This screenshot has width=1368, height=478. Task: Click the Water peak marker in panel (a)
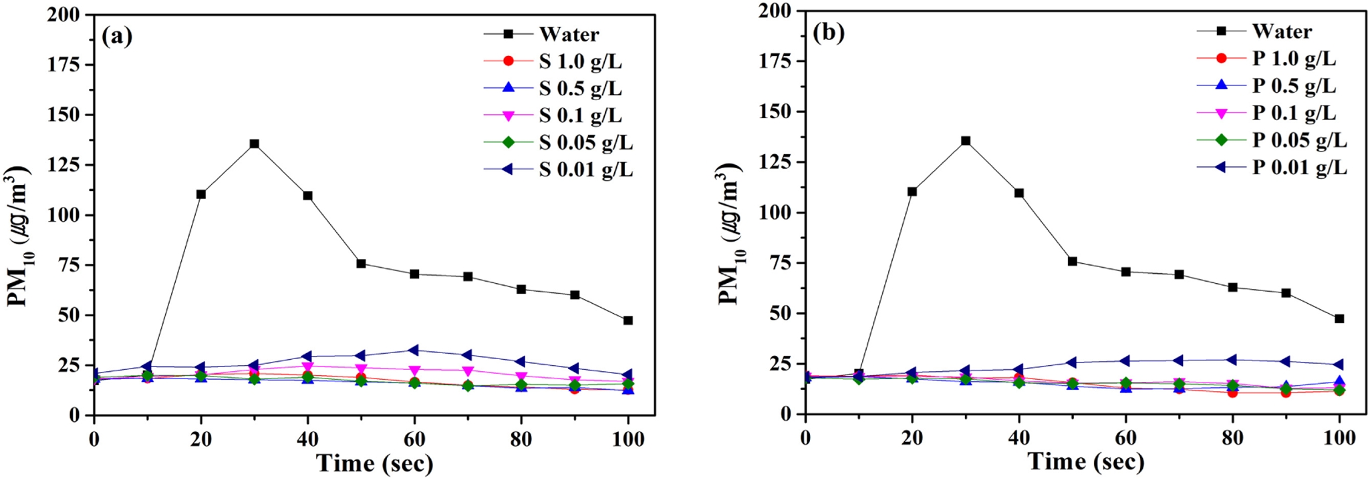tap(254, 144)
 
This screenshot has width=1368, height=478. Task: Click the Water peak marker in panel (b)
tap(966, 141)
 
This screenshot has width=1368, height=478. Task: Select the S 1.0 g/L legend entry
tap(580, 61)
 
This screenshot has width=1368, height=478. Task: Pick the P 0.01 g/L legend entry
tap(1299, 167)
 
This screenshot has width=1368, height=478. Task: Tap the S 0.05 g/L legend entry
tap(585, 142)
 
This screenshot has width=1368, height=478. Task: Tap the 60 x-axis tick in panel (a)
tap(414, 439)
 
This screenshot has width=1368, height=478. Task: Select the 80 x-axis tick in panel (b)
tap(1232, 437)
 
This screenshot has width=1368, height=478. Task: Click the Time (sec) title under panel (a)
tap(374, 463)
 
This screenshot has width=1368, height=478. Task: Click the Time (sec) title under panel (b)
tap(1085, 461)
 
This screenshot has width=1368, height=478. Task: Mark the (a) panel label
tap(117, 35)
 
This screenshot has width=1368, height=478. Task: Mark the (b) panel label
tap(828, 32)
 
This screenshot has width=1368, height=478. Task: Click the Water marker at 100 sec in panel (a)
tap(628, 320)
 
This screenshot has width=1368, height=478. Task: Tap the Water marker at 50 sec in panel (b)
tap(1073, 261)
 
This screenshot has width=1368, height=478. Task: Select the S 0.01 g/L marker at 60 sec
tap(414, 350)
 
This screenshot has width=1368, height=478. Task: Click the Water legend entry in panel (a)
tap(569, 34)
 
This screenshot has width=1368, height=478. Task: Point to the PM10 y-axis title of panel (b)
tap(730, 234)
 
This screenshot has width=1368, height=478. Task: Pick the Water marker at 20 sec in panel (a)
tap(200, 194)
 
